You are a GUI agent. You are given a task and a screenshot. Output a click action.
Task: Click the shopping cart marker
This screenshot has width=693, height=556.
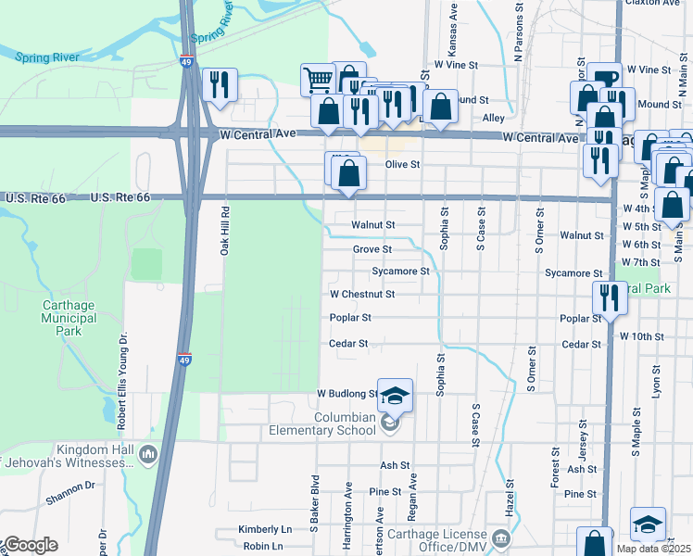[x=318, y=81]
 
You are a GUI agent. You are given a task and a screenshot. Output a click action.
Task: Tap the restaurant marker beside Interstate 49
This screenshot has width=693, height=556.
[x=220, y=85]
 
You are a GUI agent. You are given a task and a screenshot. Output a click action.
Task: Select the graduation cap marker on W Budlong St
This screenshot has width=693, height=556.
[x=396, y=396]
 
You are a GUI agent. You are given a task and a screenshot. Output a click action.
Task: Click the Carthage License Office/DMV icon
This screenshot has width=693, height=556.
[x=501, y=538]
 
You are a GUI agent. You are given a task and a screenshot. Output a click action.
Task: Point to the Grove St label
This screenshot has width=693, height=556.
[x=372, y=249]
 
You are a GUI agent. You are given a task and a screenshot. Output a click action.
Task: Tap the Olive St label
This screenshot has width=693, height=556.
[x=402, y=164]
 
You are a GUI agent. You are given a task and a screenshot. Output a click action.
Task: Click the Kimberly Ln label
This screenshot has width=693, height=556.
[x=265, y=529]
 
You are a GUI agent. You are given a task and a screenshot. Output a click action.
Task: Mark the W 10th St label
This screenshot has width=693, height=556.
[x=643, y=335]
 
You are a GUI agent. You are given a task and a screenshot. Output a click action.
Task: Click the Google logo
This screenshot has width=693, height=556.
[x=30, y=545]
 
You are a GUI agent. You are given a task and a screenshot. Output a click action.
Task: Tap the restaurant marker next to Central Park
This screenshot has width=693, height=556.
[x=609, y=298]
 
